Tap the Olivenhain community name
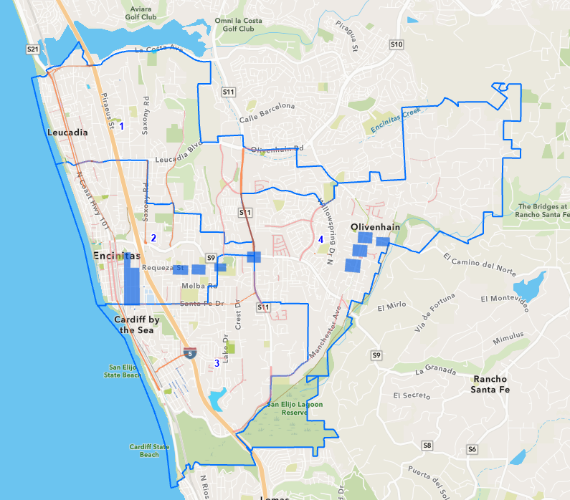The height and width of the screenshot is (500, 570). point(374,226)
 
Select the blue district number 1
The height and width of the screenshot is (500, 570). point(121,126)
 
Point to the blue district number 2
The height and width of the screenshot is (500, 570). point(153,239)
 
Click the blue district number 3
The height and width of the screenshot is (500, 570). point(217,363)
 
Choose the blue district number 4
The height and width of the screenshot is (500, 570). point(320,239)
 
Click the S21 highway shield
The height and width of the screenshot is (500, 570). point(32,49)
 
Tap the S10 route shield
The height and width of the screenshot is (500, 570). point(396,44)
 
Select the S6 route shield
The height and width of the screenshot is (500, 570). point(471,449)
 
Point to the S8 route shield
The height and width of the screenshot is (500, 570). point(427,446)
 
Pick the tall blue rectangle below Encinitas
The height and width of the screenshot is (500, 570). point(132,282)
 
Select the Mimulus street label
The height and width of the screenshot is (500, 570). point(508,335)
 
